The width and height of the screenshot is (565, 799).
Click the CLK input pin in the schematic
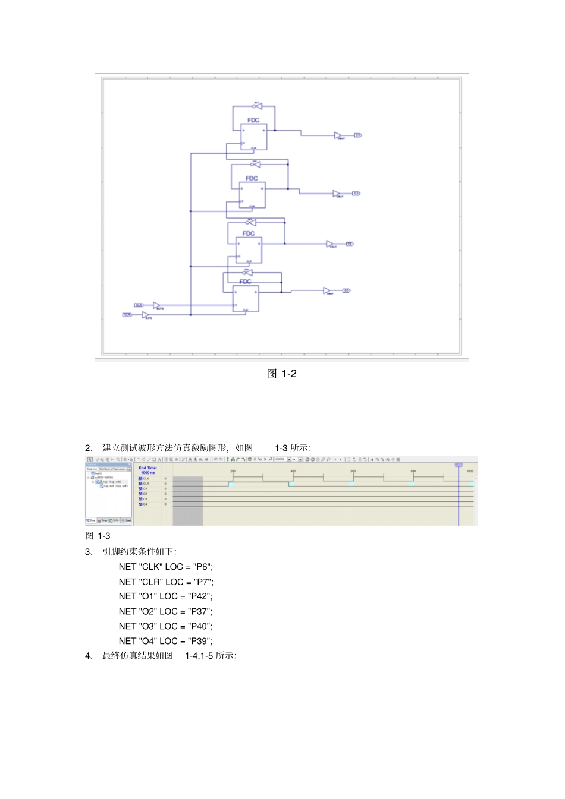(139, 305)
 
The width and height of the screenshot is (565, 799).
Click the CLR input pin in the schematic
(127, 315)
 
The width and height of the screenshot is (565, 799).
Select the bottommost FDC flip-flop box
(246, 299)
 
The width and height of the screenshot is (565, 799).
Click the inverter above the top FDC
(258, 107)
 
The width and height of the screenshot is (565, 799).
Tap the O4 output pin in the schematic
(358, 135)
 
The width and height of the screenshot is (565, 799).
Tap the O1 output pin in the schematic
(346, 290)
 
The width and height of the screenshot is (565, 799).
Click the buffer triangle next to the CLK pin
(156, 305)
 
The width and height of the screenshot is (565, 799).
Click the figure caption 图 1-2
(282, 374)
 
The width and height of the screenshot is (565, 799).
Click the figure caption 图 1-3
(98, 536)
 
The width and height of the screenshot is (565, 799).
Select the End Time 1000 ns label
(147, 470)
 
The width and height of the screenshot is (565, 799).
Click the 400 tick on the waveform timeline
(293, 471)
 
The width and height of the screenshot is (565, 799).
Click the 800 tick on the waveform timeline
(413, 471)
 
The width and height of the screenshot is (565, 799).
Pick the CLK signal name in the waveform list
(146, 478)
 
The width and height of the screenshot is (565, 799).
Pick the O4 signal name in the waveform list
(145, 504)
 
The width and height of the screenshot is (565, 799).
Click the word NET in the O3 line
(127, 626)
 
